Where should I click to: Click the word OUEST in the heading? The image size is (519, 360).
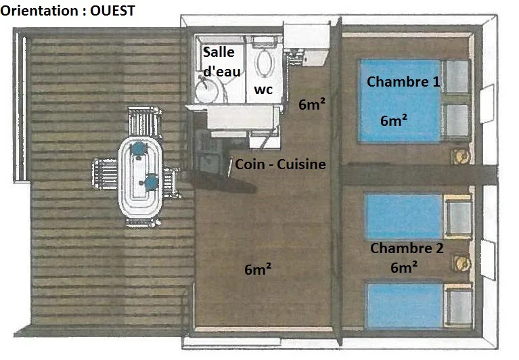(x=112, y=11)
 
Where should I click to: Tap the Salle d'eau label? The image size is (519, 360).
(x=221, y=62)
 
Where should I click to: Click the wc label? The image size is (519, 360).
(x=263, y=89)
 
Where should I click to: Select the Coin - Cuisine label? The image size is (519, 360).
(x=280, y=164)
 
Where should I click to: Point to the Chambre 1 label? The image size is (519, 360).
(x=403, y=81)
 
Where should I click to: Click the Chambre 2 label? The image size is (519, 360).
(x=407, y=248)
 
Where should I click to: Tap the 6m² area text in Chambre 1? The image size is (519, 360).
(x=394, y=120)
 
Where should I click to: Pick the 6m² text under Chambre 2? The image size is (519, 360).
(x=404, y=267)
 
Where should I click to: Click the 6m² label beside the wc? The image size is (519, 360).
(x=312, y=104)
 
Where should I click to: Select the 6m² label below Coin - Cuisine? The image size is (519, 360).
(x=258, y=269)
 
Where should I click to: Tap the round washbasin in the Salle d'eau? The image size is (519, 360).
(x=206, y=90)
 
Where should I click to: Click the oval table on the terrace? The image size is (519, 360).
(x=140, y=177)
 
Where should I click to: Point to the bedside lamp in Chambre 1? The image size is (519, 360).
(x=460, y=156)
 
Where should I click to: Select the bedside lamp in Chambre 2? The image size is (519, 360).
(x=461, y=263)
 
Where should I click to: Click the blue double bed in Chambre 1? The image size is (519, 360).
(x=413, y=101)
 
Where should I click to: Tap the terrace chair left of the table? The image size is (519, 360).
(x=106, y=174)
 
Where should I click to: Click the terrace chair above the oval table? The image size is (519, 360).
(x=144, y=121)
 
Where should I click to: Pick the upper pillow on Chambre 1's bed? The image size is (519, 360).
(x=457, y=77)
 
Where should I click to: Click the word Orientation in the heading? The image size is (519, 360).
(x=39, y=11)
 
